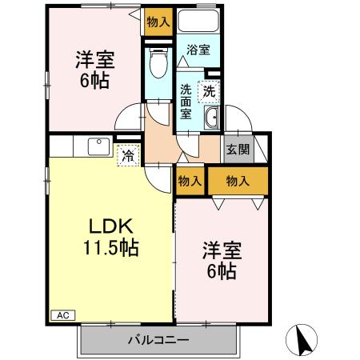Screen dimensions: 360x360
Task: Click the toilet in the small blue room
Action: coord(158,62)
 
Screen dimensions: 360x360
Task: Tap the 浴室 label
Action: coord(198,50)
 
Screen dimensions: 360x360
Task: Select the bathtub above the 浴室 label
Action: coord(198,22)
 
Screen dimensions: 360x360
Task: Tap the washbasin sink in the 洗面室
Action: coord(211,121)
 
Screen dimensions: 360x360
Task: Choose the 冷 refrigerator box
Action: coord(127,154)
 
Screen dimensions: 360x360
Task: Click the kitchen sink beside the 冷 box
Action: coord(98,147)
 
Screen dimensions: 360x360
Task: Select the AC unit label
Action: coord(62,316)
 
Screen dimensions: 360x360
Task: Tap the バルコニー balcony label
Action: coord(158,341)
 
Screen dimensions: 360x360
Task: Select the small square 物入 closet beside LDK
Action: coord(190,181)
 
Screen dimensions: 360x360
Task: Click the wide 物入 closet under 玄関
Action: coord(237,181)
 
